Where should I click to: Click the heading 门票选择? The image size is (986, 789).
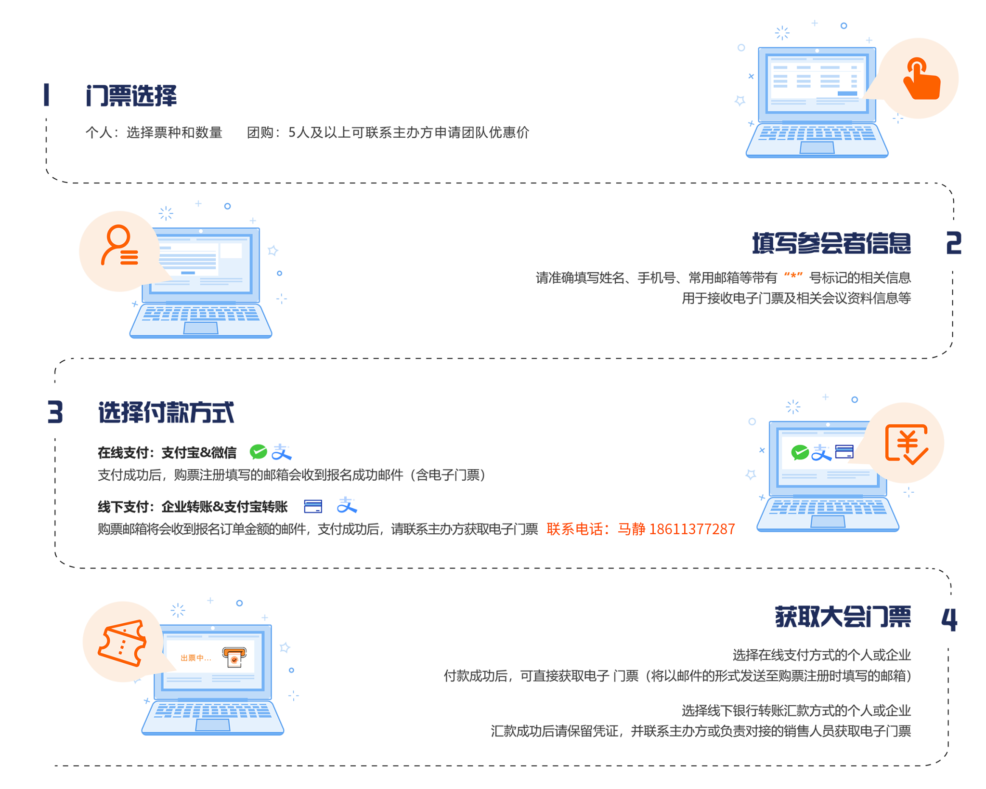(131, 95)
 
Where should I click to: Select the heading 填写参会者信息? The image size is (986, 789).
(831, 243)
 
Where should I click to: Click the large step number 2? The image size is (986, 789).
(953, 243)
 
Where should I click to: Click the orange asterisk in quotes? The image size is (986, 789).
(793, 276)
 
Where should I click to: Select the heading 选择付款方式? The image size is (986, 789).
(166, 412)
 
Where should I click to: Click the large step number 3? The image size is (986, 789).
(55, 412)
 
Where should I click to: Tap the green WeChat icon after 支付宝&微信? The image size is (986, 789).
(258, 451)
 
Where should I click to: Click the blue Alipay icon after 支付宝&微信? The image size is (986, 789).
(282, 452)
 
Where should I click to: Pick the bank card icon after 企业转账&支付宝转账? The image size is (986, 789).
(312, 506)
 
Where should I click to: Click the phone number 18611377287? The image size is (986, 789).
(692, 529)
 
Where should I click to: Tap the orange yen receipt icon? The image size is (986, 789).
(906, 444)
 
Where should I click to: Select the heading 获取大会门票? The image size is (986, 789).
(843, 617)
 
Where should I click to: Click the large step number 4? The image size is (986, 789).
(949, 619)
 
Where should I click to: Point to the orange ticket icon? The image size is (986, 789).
(122, 643)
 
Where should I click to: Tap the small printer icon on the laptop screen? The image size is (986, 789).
(234, 657)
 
